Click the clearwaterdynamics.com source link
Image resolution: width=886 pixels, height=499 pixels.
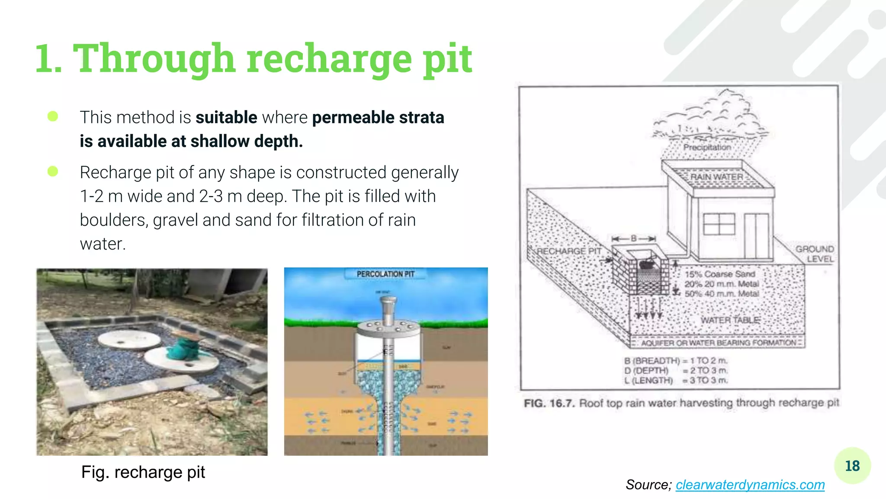tap(750, 485)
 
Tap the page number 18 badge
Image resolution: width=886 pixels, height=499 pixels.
tap(852, 466)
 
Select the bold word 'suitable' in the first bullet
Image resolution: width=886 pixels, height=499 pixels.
tap(226, 117)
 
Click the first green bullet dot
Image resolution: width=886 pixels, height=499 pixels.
tap(53, 117)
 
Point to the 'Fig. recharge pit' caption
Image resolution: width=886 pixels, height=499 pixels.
tap(143, 472)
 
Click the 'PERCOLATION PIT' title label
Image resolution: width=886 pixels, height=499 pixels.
tap(385, 274)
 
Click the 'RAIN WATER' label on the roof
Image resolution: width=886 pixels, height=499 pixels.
tap(716, 177)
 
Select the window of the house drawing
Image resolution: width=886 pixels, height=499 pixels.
tap(719, 224)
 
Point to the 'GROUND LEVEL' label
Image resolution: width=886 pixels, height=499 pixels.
tap(815, 254)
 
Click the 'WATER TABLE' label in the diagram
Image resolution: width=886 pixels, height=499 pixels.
tap(730, 320)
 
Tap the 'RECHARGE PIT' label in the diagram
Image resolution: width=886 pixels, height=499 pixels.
tap(569, 251)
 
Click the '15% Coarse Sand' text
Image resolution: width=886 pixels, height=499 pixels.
tap(720, 274)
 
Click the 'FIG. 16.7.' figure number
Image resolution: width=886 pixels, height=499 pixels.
tap(549, 403)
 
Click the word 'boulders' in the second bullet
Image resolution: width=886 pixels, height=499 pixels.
tap(114, 220)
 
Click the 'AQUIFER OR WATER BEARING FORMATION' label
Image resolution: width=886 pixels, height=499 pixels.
tap(719, 343)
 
